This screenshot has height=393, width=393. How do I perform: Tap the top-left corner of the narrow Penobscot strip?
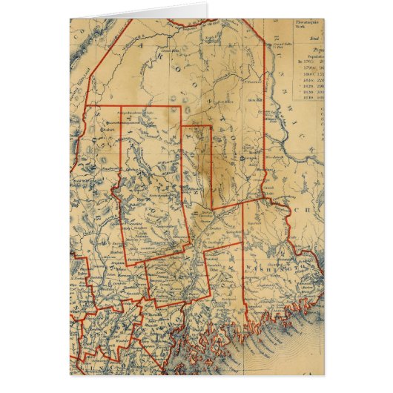point(183,127)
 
